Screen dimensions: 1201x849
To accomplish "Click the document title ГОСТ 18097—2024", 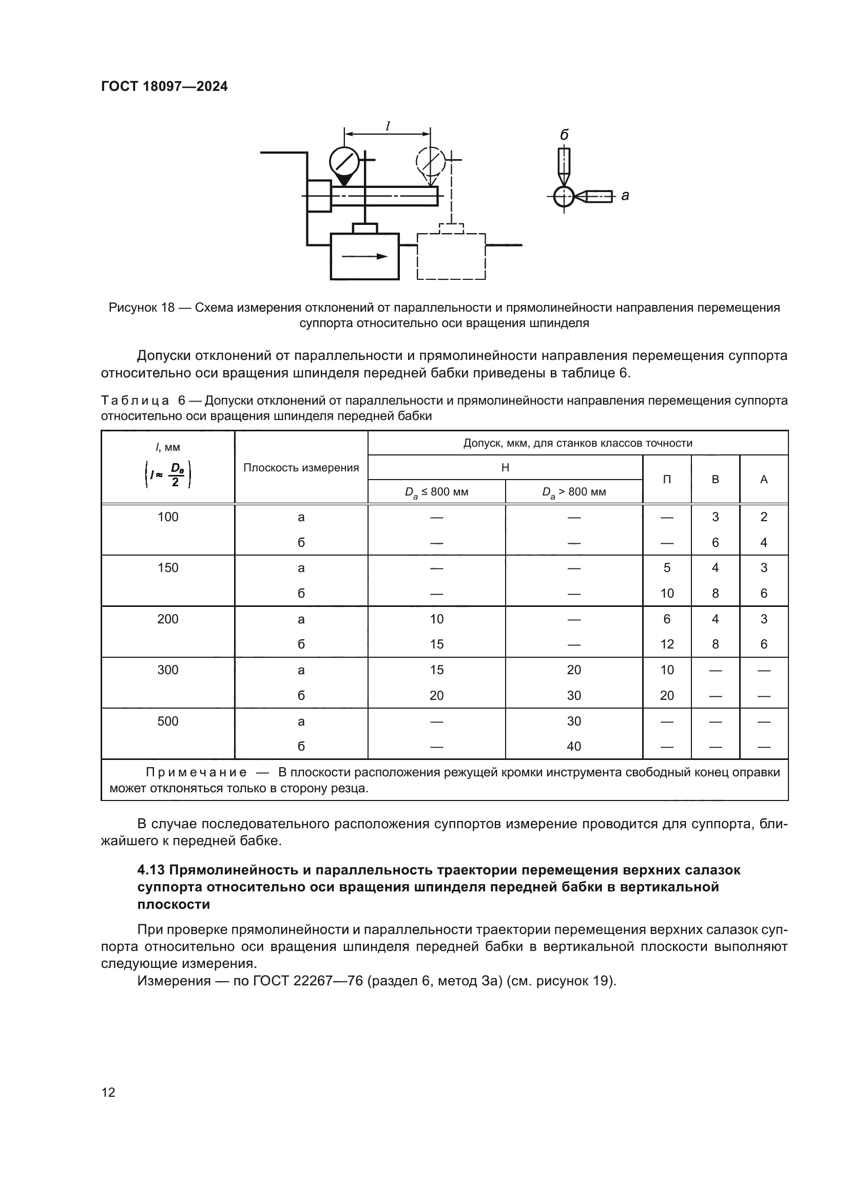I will (164, 86).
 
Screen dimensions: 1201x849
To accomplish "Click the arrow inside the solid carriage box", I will (365, 256).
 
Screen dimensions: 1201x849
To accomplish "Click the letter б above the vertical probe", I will (564, 135).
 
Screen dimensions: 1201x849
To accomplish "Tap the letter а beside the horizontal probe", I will (625, 196).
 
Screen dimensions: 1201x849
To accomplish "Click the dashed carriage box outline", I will (451, 256).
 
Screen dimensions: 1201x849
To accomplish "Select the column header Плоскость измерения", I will (301, 468).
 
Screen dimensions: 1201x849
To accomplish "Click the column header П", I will (667, 480).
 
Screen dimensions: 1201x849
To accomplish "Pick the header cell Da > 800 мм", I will (574, 492).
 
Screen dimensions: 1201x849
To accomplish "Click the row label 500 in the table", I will (168, 721).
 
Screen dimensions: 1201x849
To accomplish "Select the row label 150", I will (168, 568).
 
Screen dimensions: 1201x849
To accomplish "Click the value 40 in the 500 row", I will (574, 747).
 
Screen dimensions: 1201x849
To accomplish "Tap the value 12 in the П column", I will (667, 644).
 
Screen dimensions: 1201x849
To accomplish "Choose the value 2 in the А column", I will (764, 517).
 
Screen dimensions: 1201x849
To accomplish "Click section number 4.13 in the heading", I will (151, 870).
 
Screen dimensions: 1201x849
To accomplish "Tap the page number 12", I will (108, 1092).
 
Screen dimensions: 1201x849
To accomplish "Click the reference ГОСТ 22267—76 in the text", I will (307, 981).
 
